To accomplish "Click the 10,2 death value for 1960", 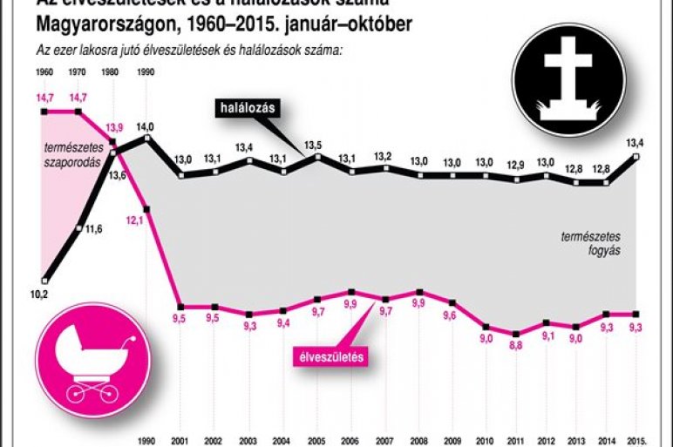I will tap(38, 294).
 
